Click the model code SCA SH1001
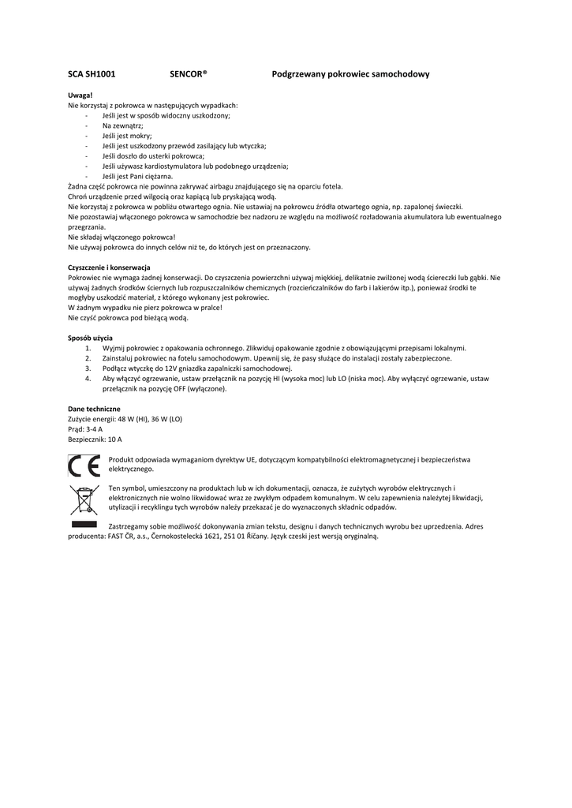(92, 74)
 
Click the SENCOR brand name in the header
(188, 74)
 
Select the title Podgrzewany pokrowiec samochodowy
(350, 74)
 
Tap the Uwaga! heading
(80, 95)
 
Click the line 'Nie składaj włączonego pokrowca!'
(122, 238)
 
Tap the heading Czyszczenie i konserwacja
(109, 267)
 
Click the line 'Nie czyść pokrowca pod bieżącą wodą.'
(129, 318)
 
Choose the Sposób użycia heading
(91, 338)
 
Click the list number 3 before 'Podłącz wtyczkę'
(88, 368)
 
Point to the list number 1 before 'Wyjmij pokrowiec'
(88, 348)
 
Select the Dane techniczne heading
(94, 409)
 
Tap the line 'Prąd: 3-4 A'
(86, 429)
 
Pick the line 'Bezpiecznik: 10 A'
(95, 440)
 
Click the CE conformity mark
(84, 466)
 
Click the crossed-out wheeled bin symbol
(83, 500)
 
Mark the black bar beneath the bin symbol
(84, 524)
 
